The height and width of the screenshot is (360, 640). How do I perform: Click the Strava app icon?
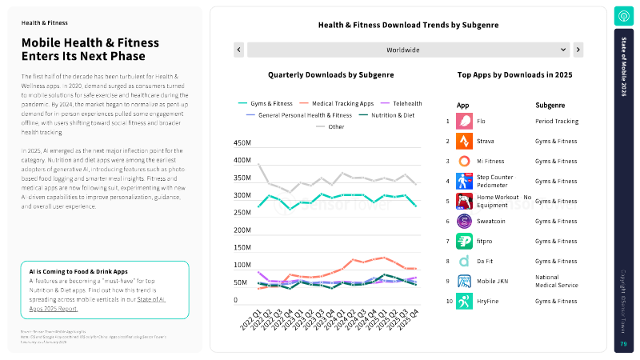click(x=464, y=141)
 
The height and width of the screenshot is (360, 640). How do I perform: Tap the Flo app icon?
click(x=464, y=121)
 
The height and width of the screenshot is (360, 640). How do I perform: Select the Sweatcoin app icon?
click(x=464, y=221)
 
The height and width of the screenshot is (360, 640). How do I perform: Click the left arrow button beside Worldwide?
click(x=238, y=50)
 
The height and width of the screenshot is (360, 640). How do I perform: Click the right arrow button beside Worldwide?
click(x=578, y=50)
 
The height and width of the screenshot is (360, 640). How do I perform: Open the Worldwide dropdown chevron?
click(x=564, y=50)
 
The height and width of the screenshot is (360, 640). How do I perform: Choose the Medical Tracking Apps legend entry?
click(x=337, y=103)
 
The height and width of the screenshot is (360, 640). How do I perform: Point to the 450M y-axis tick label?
click(x=242, y=143)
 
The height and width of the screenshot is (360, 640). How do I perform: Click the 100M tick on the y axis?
click(x=242, y=265)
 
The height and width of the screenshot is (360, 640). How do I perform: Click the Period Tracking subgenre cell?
click(x=557, y=121)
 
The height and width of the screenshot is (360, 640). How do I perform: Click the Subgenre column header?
click(x=550, y=105)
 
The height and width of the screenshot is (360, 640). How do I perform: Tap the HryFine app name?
click(x=489, y=302)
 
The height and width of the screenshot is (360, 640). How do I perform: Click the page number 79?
click(x=623, y=343)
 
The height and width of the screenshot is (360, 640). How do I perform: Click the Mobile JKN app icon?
click(x=464, y=281)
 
